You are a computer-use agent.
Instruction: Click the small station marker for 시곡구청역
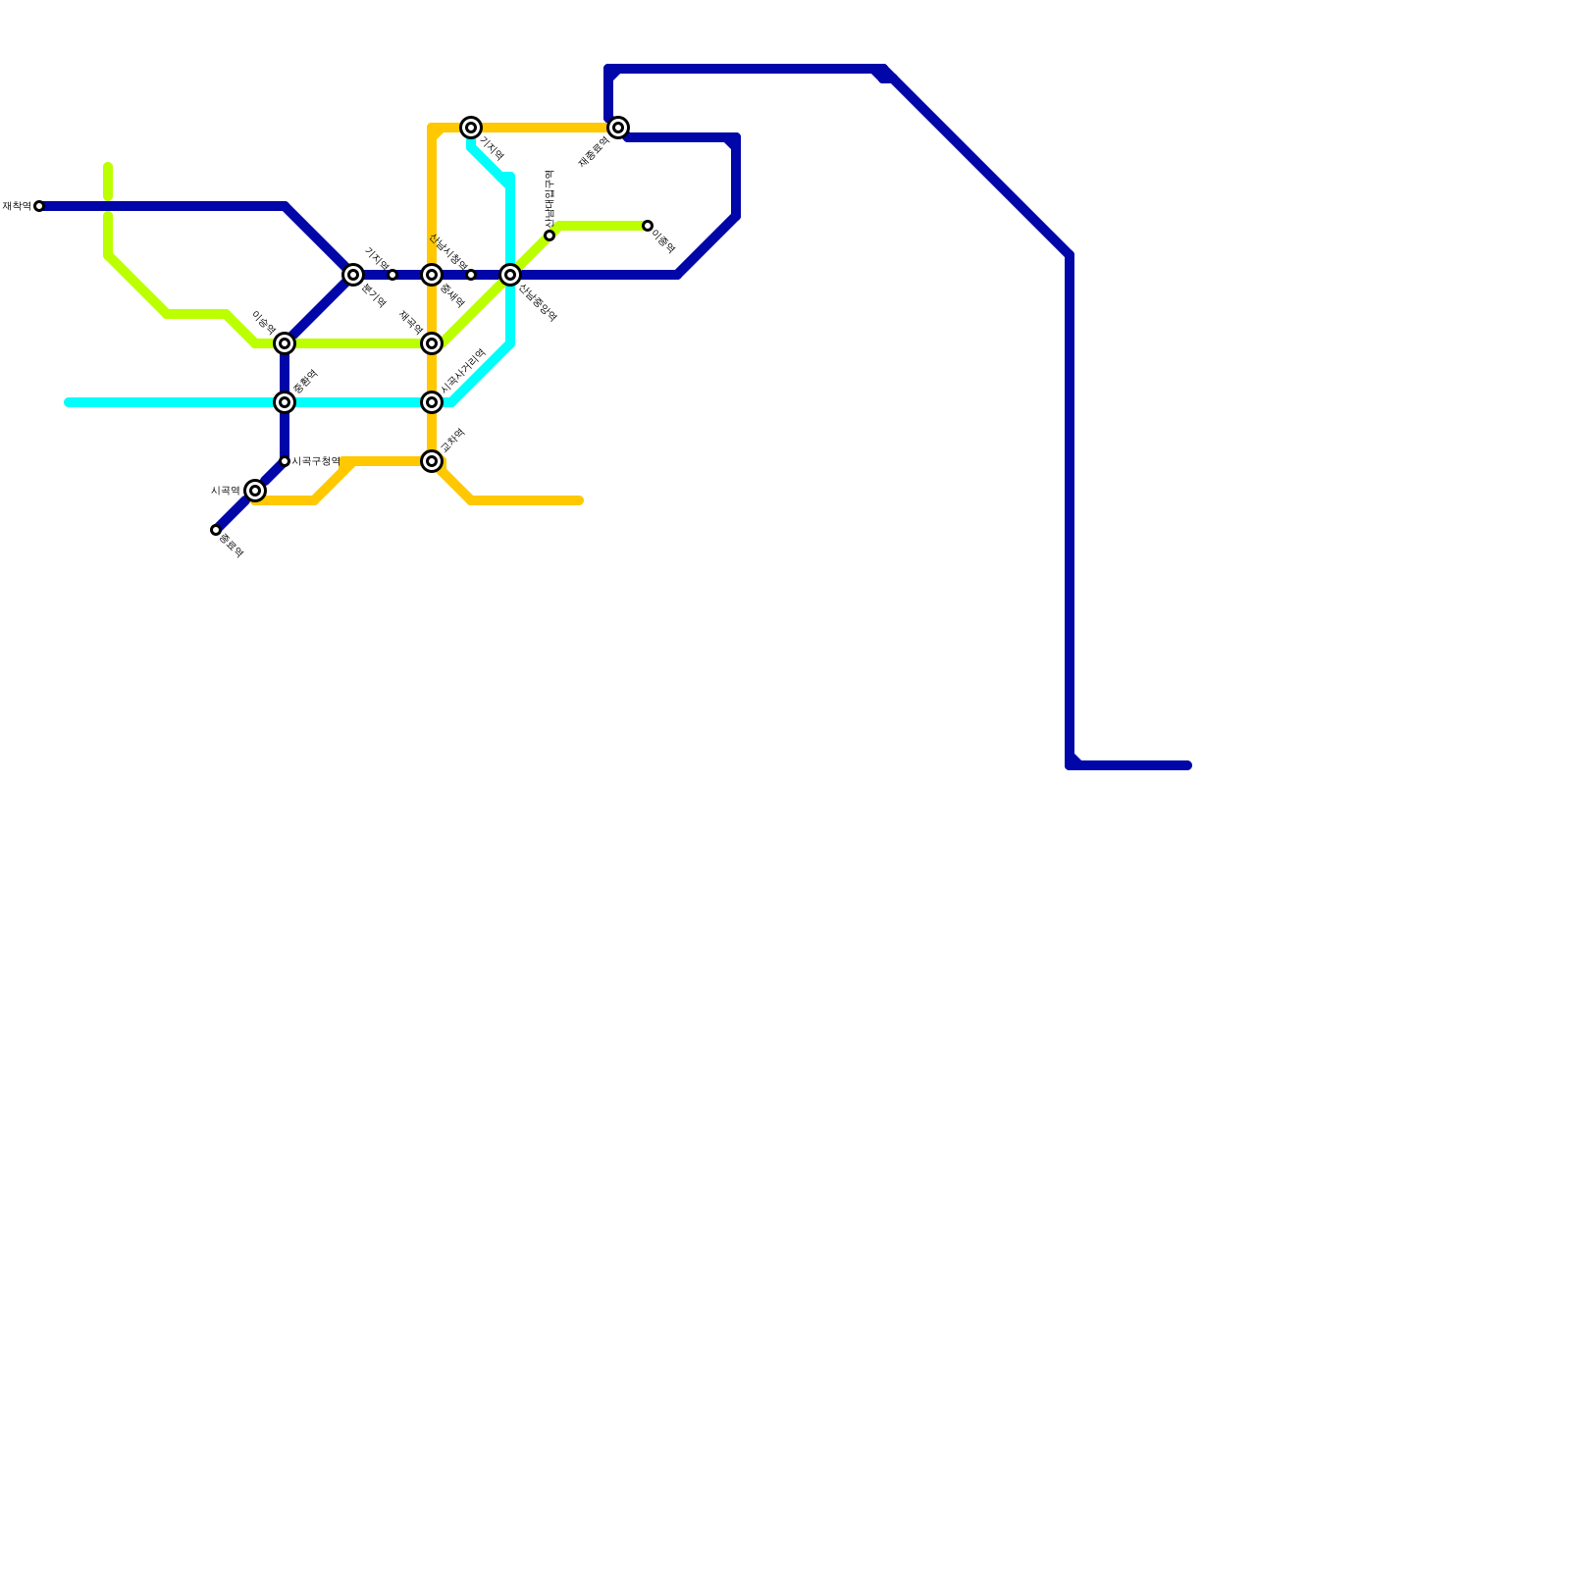[x=285, y=461]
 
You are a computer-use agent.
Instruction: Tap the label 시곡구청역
[x=316, y=461]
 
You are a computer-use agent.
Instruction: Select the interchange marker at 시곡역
[x=255, y=491]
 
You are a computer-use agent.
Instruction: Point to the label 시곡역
[x=225, y=491]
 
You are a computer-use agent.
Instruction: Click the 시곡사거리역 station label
[x=463, y=371]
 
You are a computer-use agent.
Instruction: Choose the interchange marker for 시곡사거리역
[x=432, y=402]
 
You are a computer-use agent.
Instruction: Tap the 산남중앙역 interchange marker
[x=510, y=275]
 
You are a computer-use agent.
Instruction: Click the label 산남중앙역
[x=538, y=302]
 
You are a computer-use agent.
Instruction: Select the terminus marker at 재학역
[x=39, y=206]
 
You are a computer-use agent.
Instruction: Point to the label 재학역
[x=16, y=206]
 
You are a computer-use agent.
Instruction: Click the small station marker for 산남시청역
[x=471, y=275]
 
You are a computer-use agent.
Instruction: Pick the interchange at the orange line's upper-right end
[x=618, y=128]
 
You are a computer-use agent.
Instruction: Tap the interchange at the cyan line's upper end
[x=471, y=128]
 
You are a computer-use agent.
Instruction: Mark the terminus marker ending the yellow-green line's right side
[x=648, y=226]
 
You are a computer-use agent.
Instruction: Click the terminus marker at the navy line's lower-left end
[x=216, y=530]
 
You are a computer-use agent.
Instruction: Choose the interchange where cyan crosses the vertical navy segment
[x=285, y=402]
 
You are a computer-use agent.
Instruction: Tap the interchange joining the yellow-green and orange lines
[x=432, y=343]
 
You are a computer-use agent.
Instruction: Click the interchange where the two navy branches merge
[x=353, y=275]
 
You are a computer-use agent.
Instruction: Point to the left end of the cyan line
[x=68, y=402]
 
